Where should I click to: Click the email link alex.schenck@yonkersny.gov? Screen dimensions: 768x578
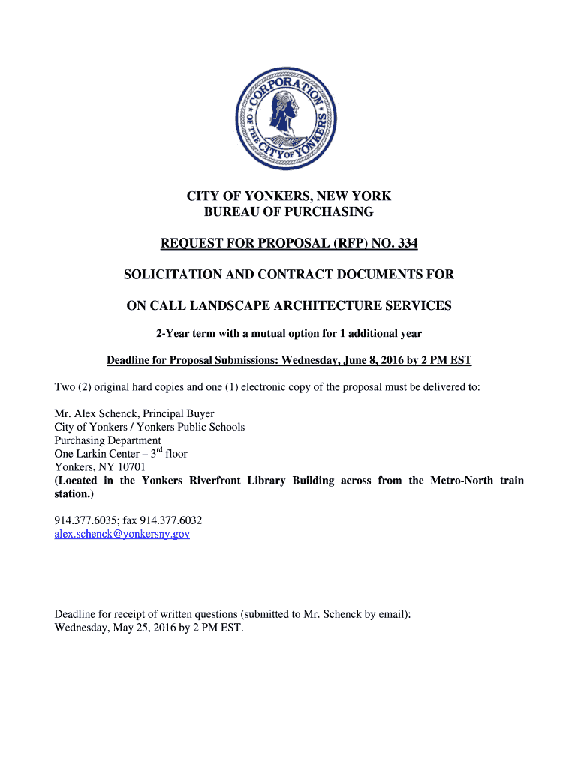[x=122, y=534]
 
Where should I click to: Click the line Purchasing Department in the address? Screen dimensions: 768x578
[x=107, y=440]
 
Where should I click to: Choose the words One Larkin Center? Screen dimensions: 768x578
[x=96, y=454]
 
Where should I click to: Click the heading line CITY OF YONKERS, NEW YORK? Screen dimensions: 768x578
[x=289, y=196]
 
